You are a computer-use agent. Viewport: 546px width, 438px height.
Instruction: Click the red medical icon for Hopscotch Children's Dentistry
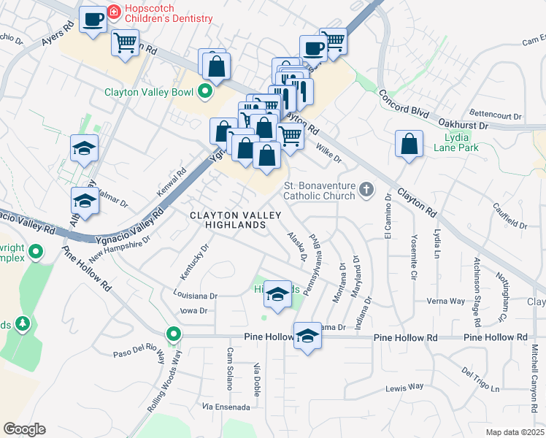click(114, 12)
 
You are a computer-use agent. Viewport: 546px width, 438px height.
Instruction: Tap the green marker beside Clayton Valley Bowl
click(205, 92)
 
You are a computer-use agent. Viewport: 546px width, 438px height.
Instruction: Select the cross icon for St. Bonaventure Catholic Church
click(366, 191)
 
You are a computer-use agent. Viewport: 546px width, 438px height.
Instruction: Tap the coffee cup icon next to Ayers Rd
click(93, 19)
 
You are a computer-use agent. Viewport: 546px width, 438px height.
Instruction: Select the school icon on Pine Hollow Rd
click(308, 337)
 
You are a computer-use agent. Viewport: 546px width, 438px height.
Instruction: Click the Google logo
click(25, 429)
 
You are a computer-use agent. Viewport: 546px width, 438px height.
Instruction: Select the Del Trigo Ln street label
click(480, 377)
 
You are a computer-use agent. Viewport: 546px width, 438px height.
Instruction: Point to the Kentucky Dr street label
click(195, 261)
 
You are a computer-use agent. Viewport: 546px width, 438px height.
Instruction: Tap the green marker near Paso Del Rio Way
click(173, 336)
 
